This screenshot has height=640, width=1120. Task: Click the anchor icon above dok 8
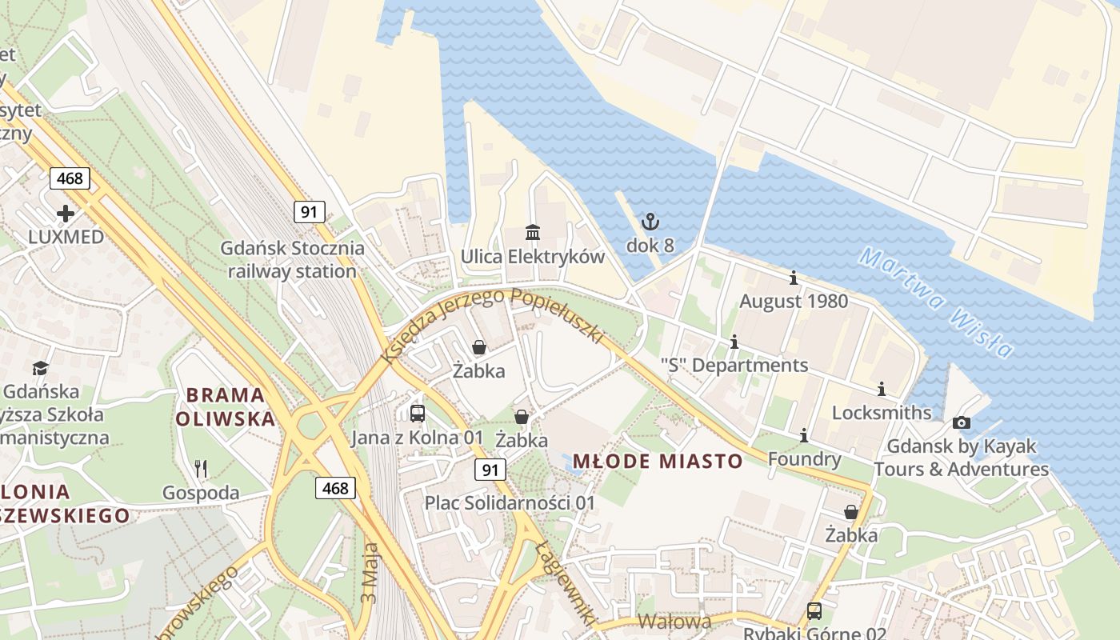(x=650, y=221)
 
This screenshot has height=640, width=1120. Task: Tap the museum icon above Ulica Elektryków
(x=533, y=232)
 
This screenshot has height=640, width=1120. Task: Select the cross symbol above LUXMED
(x=66, y=214)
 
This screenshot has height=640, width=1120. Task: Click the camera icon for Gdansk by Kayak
(x=962, y=422)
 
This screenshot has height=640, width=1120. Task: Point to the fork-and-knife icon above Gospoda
(x=201, y=468)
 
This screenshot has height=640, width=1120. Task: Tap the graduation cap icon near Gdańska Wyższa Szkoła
(x=40, y=368)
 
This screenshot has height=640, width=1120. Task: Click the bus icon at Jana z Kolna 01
(x=417, y=414)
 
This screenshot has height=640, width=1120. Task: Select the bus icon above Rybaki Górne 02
(x=814, y=611)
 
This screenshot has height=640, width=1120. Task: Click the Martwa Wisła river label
(x=936, y=302)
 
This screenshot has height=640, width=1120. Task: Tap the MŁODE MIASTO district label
(x=658, y=462)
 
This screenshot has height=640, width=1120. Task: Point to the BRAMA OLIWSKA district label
(x=225, y=406)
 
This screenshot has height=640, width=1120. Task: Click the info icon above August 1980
(x=794, y=278)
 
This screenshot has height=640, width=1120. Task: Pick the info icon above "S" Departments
(x=734, y=342)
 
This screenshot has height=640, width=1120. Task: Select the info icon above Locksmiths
(x=882, y=390)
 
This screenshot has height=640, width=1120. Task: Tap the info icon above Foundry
(x=804, y=435)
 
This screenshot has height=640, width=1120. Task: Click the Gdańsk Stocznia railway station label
(x=292, y=260)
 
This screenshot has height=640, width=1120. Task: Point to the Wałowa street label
(x=674, y=622)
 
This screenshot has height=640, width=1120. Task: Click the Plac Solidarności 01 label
(x=510, y=503)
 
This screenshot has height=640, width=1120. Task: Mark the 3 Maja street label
(x=370, y=574)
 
